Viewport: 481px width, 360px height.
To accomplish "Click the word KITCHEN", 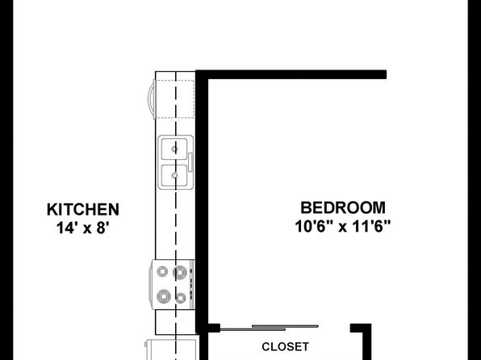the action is point(83,210).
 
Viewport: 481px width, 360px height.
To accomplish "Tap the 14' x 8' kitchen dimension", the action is point(83,228).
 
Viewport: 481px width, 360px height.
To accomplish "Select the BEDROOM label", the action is point(343,207).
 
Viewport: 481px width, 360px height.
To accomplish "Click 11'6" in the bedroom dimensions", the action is point(371,227).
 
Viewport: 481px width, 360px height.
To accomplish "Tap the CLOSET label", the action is point(285,346).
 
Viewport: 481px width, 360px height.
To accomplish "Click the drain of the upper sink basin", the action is point(174,149).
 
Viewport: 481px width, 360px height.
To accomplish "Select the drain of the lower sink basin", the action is point(174,175).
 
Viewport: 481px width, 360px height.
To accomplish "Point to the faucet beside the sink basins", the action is point(190,162).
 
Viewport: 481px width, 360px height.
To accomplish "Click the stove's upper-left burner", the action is point(162,271).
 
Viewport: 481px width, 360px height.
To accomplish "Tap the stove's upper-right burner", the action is point(180,272).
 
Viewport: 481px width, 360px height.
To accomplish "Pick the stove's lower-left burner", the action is point(164,296).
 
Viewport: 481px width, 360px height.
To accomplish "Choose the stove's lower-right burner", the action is point(181,298).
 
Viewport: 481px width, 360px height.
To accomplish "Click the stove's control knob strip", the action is point(192,284).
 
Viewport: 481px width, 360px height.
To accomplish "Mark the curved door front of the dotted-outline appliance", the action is point(151,98).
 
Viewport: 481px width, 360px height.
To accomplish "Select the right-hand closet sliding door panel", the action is point(285,326).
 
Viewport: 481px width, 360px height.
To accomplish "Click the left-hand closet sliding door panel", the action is point(253,330).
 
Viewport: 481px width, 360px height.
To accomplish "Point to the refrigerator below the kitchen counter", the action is point(171,350).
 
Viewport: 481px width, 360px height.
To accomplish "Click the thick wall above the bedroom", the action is point(291,74).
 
